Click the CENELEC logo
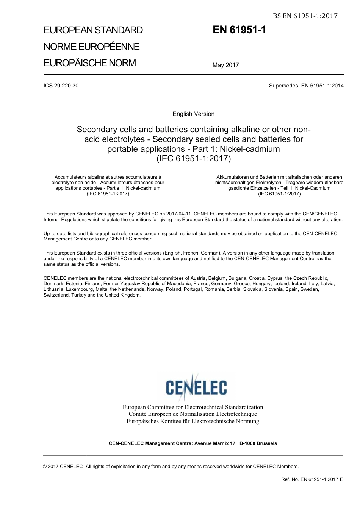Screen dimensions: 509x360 click(196, 387)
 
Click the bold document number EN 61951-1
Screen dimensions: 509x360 click(239, 30)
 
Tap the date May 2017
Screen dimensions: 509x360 click(225, 65)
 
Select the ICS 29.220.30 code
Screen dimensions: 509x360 click(61, 86)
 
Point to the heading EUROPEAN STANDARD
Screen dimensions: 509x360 click(93, 30)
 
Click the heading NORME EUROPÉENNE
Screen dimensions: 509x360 click(92, 47)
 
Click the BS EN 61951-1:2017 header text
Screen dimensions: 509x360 click(305, 16)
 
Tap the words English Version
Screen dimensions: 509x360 click(193, 114)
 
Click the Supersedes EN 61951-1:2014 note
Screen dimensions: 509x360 click(306, 86)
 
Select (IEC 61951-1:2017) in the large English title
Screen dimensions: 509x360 click(193, 159)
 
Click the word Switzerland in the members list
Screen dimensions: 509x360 click(56, 295)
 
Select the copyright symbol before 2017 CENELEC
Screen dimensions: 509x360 click(45, 467)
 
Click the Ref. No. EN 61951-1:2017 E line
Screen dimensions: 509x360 click(312, 479)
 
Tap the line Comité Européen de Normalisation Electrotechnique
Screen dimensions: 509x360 click(193, 414)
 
